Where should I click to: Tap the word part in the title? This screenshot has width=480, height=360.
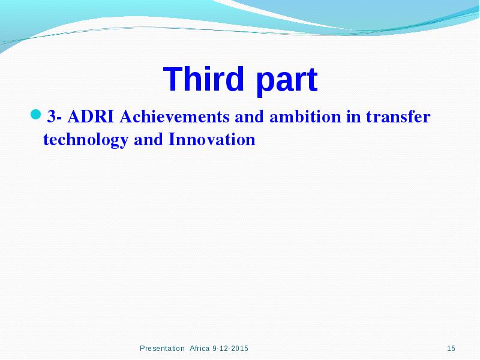tap(287, 82)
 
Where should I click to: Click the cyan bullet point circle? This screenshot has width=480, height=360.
tap(36, 115)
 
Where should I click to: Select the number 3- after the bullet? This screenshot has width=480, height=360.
tap(55, 116)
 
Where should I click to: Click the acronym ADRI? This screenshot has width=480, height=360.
tap(91, 116)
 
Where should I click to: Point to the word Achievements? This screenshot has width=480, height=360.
tap(175, 116)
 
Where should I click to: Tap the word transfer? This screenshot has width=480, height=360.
tap(398, 116)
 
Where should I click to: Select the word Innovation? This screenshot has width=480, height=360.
tap(212, 140)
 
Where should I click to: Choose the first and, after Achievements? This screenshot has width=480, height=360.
tap(250, 116)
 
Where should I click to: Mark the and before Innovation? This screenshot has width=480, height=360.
tap(148, 140)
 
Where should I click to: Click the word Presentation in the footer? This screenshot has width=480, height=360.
tap(162, 349)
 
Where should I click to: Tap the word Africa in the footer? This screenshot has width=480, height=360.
tap(200, 349)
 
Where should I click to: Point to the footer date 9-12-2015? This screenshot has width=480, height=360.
tap(230, 349)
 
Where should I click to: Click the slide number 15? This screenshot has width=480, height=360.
tap(451, 349)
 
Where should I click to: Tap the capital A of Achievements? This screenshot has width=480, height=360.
tap(126, 116)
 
